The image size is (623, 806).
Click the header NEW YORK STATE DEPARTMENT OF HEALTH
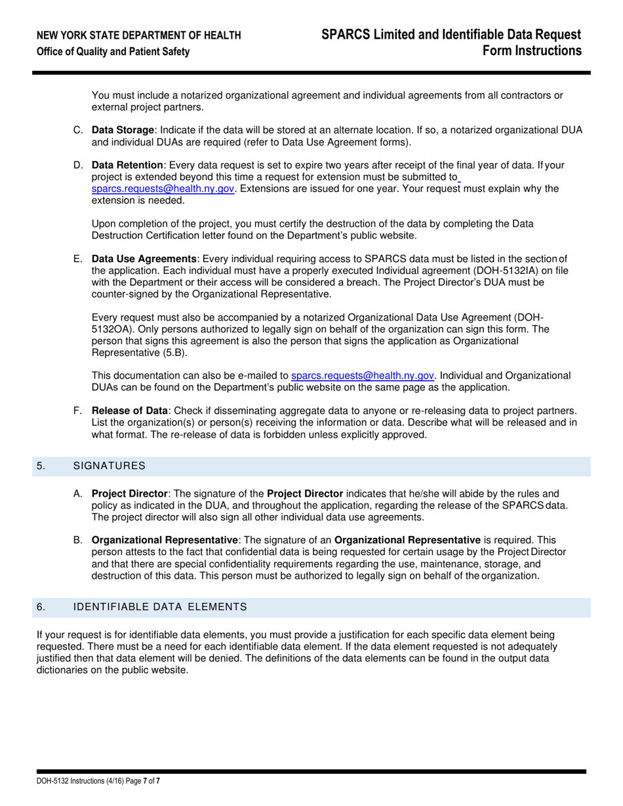pyautogui.click(x=138, y=35)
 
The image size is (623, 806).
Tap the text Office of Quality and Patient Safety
pyautogui.click(x=113, y=52)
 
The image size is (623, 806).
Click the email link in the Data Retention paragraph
pyautogui.click(x=163, y=189)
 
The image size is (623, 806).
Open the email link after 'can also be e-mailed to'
pyautogui.click(x=362, y=375)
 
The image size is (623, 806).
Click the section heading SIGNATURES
pyautogui.click(x=109, y=466)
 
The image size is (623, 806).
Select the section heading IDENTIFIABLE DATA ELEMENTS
pyautogui.click(x=159, y=607)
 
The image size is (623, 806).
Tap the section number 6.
pyautogui.click(x=41, y=607)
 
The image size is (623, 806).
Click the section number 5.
pyautogui.click(x=41, y=466)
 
